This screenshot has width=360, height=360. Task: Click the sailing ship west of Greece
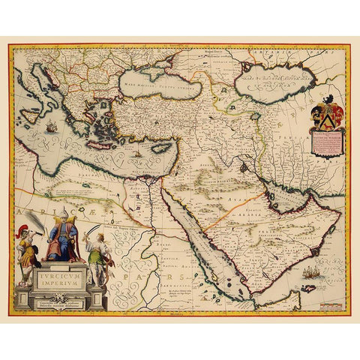[x=51, y=128]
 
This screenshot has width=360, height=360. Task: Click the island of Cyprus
[x=158, y=147]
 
